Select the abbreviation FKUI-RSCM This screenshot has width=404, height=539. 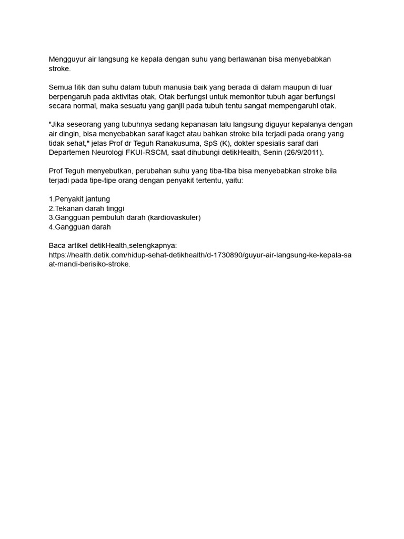point(147,152)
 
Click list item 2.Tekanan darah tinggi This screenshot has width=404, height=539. point(86,208)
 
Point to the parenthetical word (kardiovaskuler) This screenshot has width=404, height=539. point(174,217)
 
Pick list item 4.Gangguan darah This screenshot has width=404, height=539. point(79,227)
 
